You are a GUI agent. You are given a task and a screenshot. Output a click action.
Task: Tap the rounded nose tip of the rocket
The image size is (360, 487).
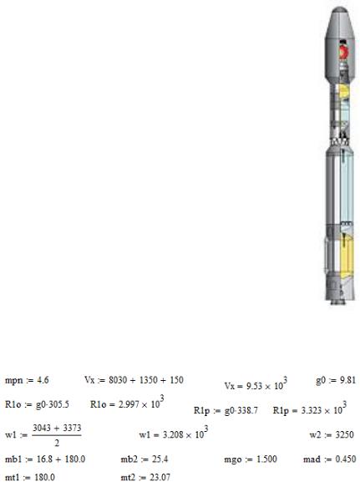coord(339,9)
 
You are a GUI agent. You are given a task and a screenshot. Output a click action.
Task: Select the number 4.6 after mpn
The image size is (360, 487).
coord(43,380)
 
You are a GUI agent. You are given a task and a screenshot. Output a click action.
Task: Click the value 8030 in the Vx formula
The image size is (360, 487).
coord(117,380)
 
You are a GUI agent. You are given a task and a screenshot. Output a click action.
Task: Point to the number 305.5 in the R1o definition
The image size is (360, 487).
coord(58,404)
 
